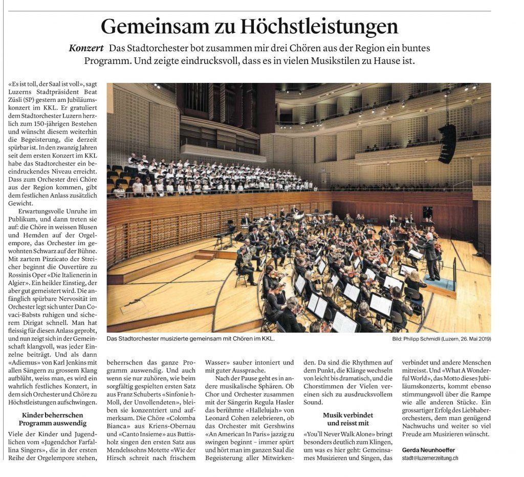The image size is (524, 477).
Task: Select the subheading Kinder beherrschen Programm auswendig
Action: coord(52,419)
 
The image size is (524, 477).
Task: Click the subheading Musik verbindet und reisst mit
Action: coord(347,419)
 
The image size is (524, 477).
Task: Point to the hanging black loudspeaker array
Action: coord(446,144)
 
